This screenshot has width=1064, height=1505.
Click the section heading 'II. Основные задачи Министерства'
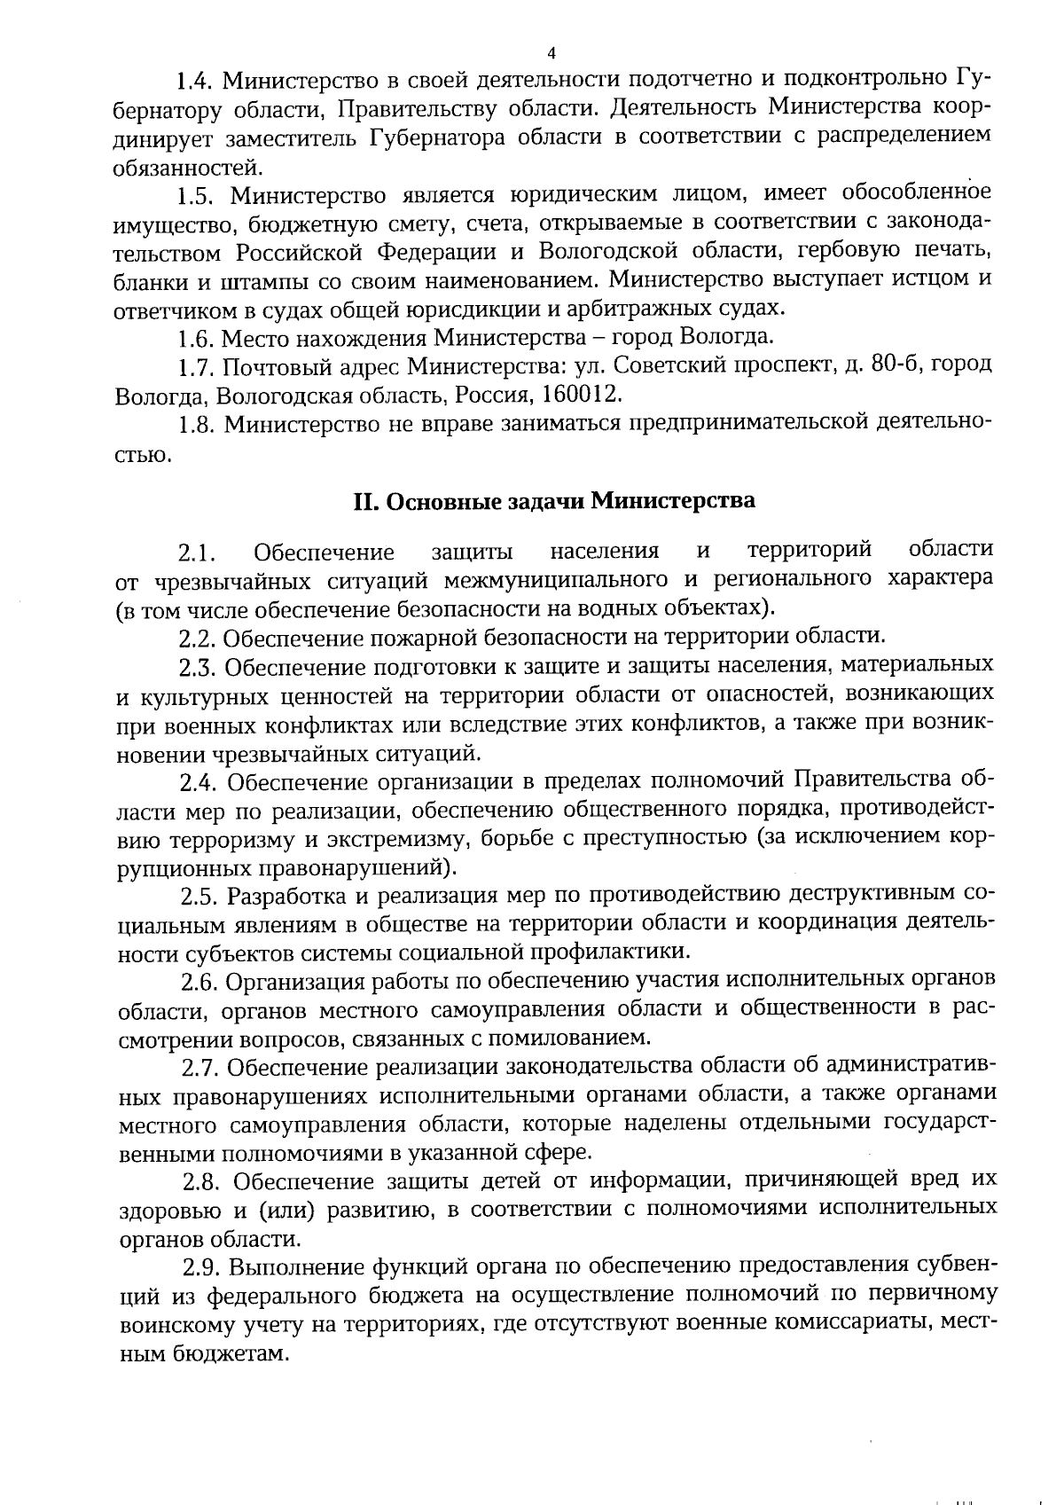(x=554, y=501)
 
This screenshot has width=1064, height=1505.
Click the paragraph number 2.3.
(x=198, y=665)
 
